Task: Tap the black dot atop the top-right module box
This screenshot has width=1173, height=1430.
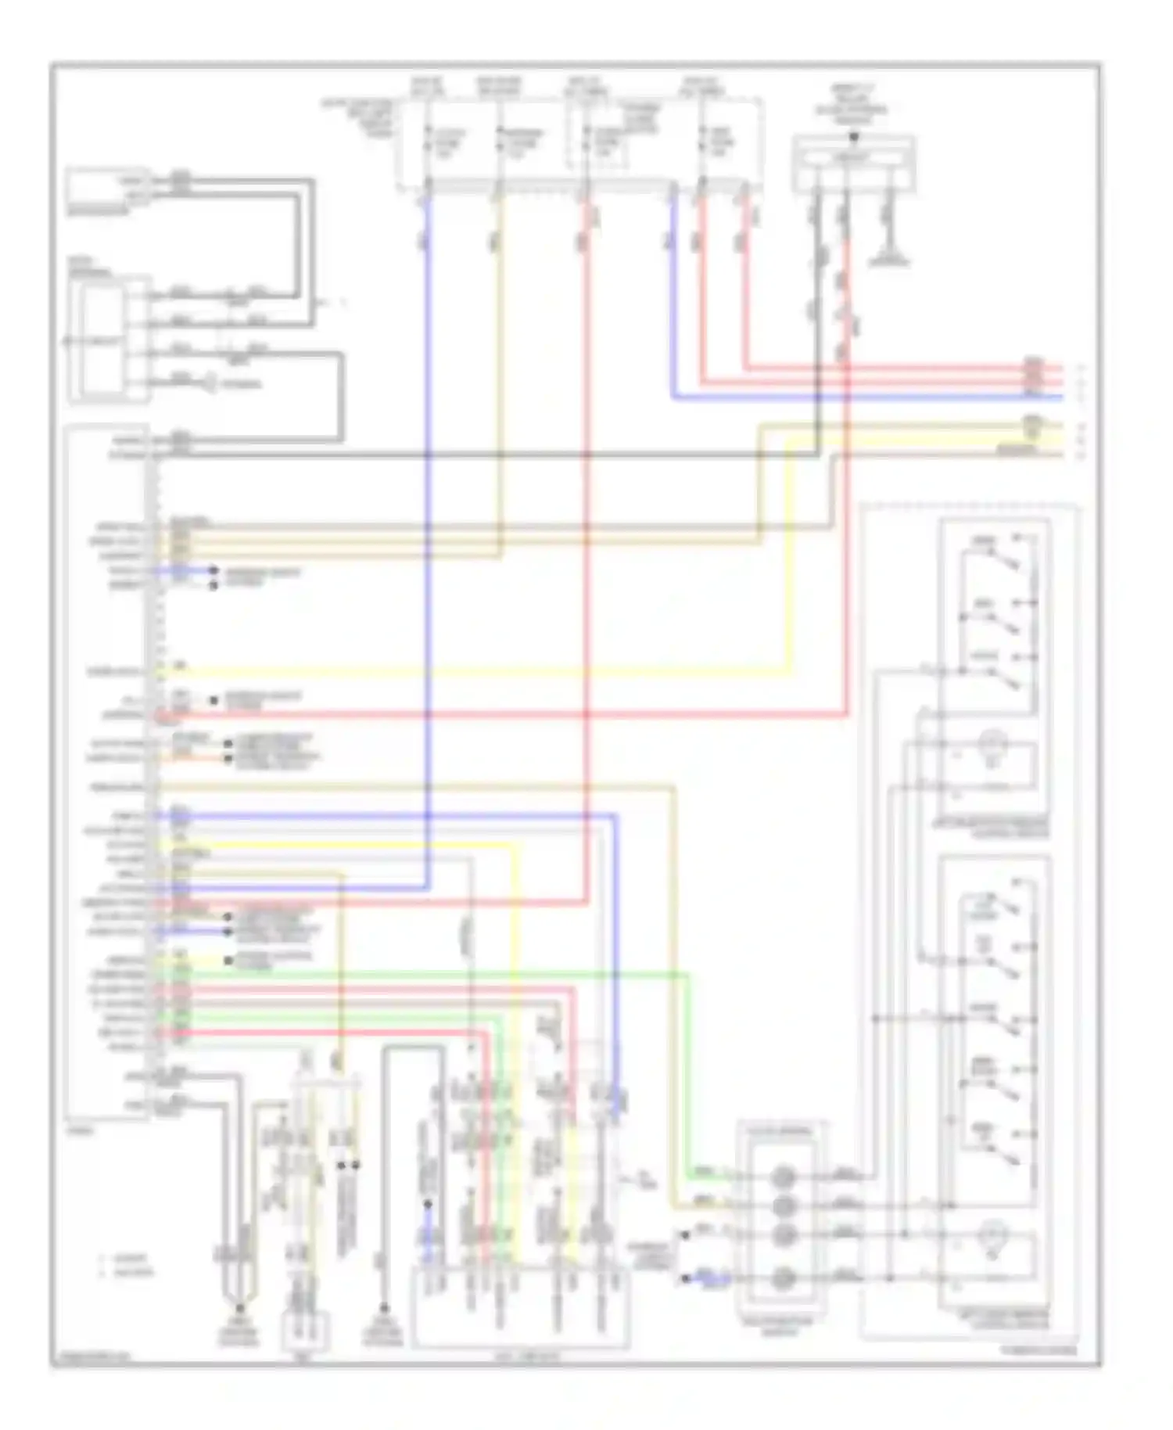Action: [x=854, y=137]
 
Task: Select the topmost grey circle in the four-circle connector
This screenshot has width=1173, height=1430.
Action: [x=784, y=1176]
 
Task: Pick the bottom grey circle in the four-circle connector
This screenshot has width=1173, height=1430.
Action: [x=784, y=1279]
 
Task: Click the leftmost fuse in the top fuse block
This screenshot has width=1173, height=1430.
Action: [x=428, y=145]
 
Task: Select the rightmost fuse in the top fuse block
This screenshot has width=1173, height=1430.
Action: [x=703, y=145]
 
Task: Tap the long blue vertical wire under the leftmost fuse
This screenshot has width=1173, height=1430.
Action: [x=427, y=548]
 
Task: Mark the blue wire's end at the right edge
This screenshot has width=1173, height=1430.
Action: [x=1060, y=398]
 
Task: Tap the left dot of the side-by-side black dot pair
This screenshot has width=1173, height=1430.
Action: [x=342, y=1165]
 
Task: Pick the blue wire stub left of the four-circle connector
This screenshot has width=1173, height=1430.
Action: [x=708, y=1279]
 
